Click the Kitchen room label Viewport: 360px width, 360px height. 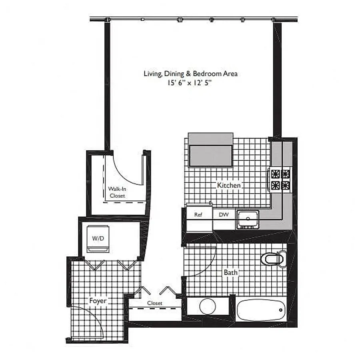[229, 185]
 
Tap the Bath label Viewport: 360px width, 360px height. [230, 272]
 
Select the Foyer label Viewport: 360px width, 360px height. [98, 301]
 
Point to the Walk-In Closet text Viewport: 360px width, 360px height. [117, 192]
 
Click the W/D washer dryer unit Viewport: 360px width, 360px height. [98, 239]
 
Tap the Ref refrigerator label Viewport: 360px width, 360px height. [198, 215]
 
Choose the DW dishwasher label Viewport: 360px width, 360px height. [224, 214]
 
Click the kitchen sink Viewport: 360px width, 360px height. [248, 220]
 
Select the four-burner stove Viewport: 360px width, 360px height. [280, 180]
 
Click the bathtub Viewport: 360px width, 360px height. [261, 310]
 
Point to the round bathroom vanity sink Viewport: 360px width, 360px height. [208, 306]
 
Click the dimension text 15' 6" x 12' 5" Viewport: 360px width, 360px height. [189, 83]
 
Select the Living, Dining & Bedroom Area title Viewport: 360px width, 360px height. [190, 74]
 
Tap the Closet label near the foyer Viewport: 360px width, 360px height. [155, 303]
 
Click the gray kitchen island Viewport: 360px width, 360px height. [210, 150]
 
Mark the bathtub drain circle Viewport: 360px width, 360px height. [280, 310]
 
